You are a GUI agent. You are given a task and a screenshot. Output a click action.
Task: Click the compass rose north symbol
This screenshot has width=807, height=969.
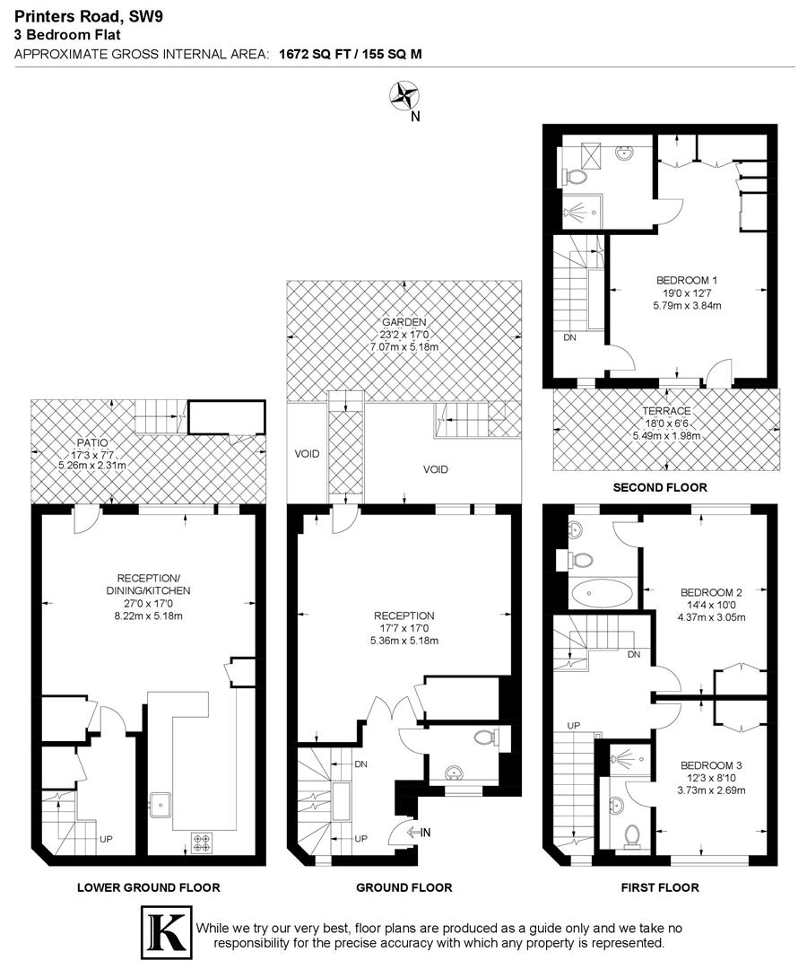(x=404, y=95)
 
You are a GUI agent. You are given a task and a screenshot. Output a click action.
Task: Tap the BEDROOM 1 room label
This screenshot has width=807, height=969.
(x=687, y=280)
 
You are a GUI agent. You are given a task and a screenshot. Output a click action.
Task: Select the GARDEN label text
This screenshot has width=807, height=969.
(x=403, y=322)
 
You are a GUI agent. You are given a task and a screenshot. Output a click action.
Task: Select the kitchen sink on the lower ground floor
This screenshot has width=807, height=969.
(x=162, y=803)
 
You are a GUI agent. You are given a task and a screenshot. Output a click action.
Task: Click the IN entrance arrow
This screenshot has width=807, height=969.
(x=418, y=833)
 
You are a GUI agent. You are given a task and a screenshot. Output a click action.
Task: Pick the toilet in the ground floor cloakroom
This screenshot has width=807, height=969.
(x=485, y=738)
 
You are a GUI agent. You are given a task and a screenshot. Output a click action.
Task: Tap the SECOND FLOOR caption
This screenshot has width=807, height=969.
(x=660, y=488)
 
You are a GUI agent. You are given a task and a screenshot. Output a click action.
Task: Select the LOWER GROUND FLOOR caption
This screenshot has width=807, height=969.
(x=148, y=887)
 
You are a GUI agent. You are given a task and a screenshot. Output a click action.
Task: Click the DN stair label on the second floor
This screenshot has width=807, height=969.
(x=569, y=338)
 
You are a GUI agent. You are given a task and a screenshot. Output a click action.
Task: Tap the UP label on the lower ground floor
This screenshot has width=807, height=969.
(x=106, y=840)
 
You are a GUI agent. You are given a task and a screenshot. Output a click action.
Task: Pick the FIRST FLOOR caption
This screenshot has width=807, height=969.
(x=660, y=887)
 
